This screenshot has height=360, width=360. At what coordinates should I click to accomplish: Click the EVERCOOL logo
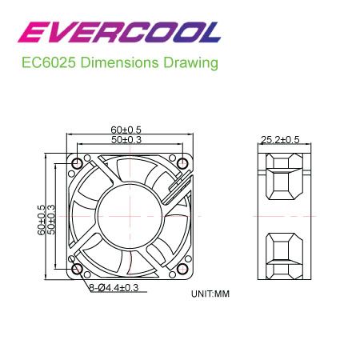tap(119, 32)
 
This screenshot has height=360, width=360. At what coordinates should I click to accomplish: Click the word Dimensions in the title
tap(119, 63)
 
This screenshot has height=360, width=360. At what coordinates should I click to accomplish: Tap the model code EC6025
tap(49, 63)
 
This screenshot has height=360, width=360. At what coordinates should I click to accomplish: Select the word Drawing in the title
tap(190, 63)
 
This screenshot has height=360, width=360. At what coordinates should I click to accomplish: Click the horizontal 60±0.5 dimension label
tap(126, 130)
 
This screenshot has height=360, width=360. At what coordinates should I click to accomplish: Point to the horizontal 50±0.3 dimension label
tap(126, 139)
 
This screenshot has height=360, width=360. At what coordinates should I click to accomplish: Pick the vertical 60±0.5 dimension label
tap(42, 220)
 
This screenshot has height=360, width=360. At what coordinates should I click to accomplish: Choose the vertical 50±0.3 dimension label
tap(51, 219)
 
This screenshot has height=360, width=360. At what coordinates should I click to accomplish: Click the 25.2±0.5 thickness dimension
tap(280, 140)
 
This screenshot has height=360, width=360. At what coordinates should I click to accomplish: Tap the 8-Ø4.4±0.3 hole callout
tap(114, 288)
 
